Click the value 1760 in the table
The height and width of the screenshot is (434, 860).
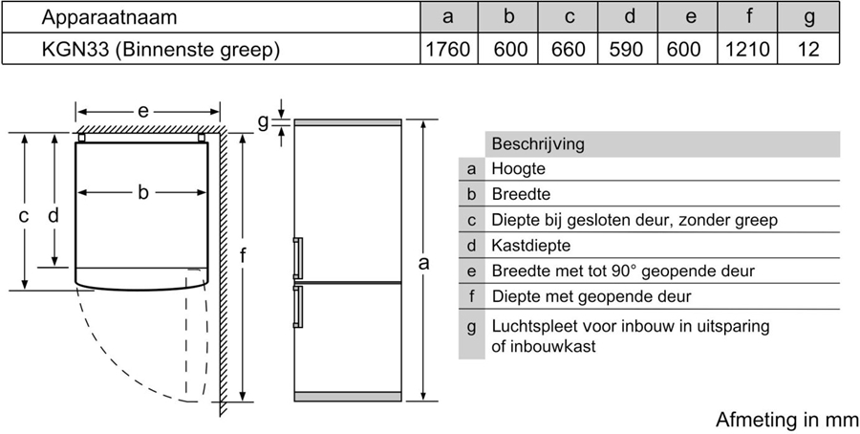447,49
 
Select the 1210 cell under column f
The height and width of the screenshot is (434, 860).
747,49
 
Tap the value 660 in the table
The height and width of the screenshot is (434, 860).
569,49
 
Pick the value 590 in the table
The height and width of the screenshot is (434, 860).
629,49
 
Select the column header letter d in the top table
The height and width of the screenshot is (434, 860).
629,17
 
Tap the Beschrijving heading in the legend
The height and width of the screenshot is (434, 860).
537,144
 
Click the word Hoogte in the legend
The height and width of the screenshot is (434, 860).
518,169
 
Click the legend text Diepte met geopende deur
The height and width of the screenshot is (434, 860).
591,297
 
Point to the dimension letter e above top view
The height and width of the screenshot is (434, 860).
142,111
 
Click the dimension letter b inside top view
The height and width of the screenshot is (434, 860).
142,193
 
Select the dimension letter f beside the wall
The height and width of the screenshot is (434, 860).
245,256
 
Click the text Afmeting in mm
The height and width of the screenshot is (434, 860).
786,420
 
